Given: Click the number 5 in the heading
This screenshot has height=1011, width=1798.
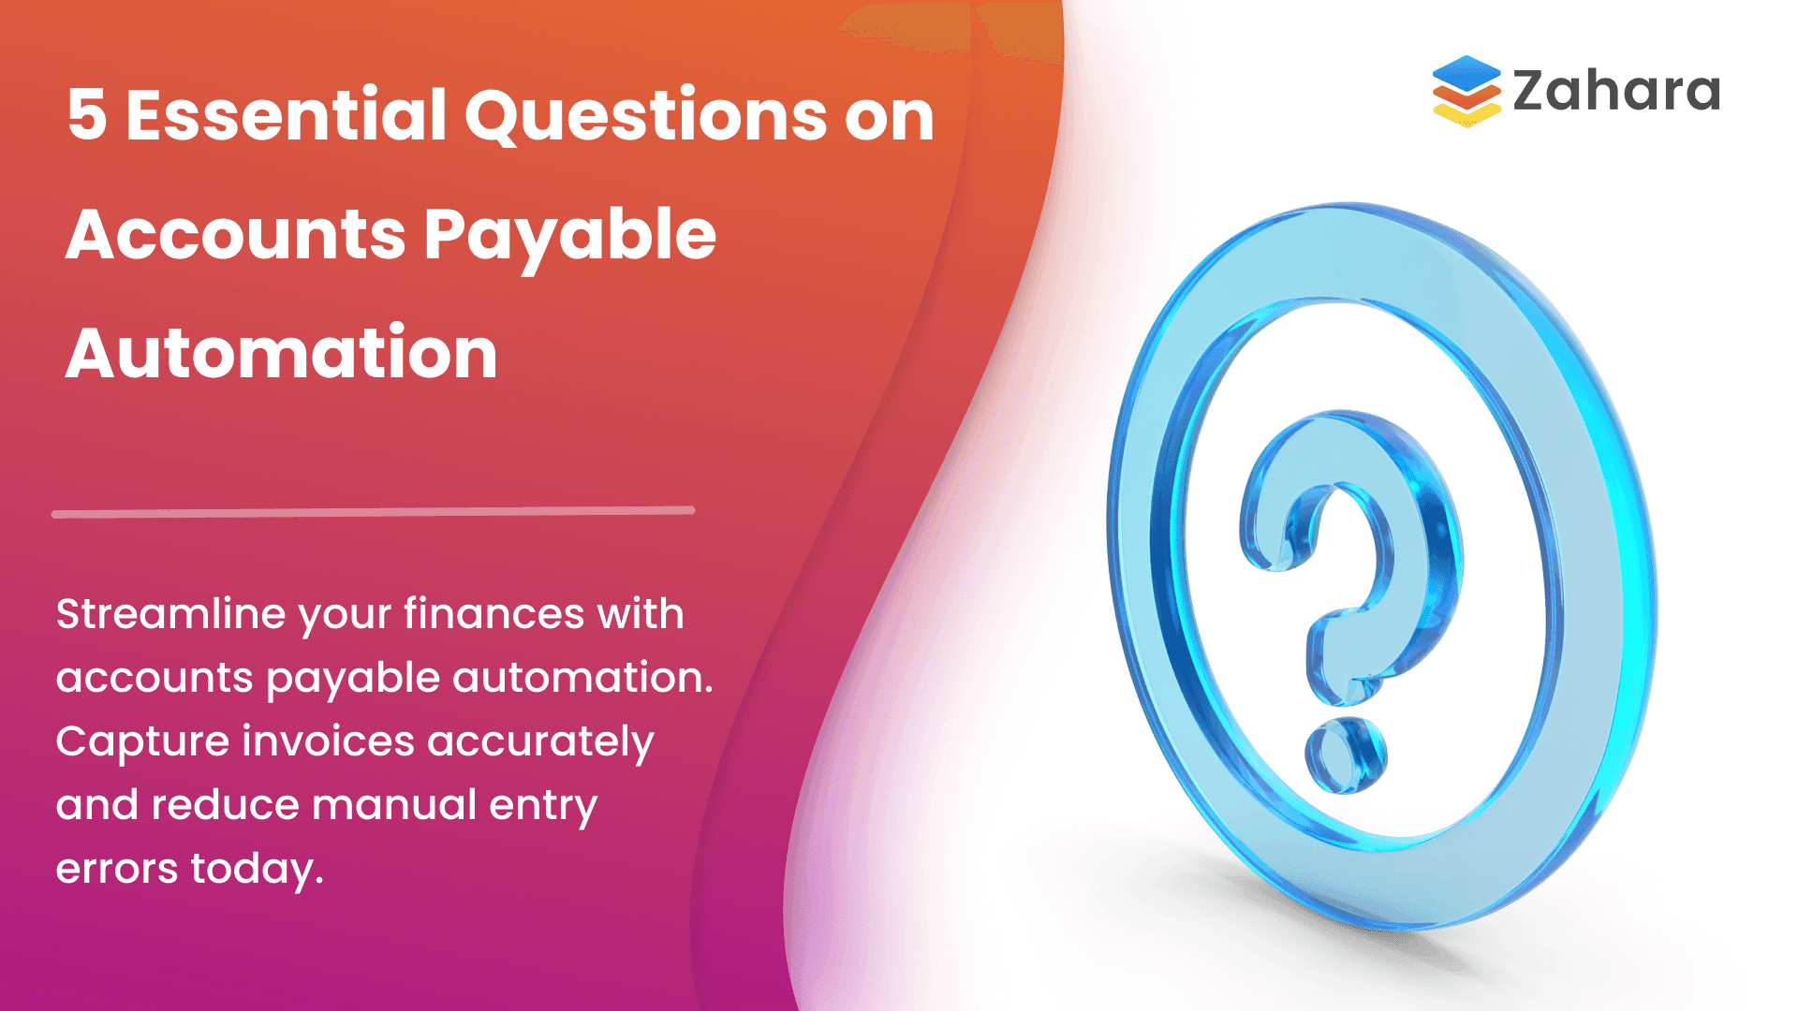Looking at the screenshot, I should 87,116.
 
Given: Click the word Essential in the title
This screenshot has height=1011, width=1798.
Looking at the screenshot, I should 287,116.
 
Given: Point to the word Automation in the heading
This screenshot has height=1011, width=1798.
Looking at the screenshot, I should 282,354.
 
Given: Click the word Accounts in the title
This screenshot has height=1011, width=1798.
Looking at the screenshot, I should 235,234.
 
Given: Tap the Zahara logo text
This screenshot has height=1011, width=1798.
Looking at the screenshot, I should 1615,92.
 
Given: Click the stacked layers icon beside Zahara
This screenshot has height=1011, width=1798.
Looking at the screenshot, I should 1466,91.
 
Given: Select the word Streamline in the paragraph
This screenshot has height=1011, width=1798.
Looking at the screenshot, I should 171,615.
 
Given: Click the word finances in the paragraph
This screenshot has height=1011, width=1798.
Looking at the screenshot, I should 494,615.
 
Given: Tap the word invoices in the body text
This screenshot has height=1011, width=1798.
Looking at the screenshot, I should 328,742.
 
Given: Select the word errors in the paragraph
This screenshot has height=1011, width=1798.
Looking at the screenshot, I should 116,870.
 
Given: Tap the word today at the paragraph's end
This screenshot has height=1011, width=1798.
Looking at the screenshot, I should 256,870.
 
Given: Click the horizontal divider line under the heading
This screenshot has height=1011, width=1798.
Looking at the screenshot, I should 373,512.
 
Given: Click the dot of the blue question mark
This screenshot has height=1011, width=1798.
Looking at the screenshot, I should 1346,755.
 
